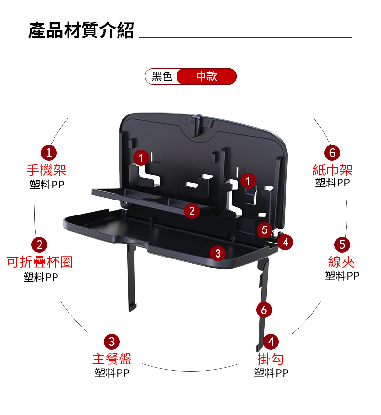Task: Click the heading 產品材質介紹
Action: point(81,30)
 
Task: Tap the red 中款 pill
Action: point(206,76)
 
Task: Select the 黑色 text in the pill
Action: point(162,76)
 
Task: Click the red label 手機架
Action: point(46,170)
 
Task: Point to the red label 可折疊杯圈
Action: point(40,262)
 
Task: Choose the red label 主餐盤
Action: point(112,359)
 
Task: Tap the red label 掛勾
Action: point(271,359)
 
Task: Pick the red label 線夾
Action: point(341,262)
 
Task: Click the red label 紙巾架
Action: point(332,170)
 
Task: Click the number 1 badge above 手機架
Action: point(49,153)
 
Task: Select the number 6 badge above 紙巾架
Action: point(332,153)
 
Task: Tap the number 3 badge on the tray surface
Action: point(218,253)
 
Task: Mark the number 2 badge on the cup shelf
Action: point(192,211)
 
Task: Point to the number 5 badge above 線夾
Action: point(342,244)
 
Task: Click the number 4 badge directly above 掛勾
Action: point(271,342)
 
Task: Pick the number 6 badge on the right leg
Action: point(264,310)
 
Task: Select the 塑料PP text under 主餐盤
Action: point(112,373)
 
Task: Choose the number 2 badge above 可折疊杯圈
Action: point(40,244)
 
